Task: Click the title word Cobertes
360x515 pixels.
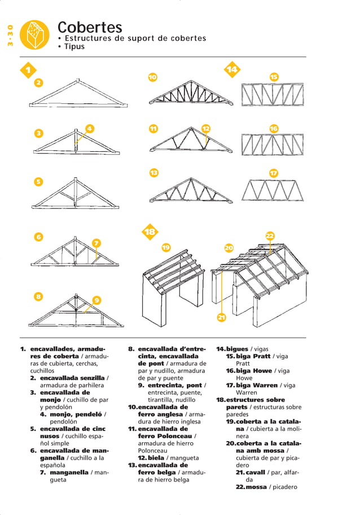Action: click(90, 27)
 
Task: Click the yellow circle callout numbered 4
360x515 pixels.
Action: click(89, 128)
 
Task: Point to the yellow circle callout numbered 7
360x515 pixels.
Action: click(97, 243)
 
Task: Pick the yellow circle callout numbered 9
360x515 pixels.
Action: click(97, 300)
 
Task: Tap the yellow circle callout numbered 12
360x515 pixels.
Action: click(206, 128)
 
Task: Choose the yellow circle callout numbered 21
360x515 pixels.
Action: click(222, 318)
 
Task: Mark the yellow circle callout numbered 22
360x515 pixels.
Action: click(270, 235)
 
